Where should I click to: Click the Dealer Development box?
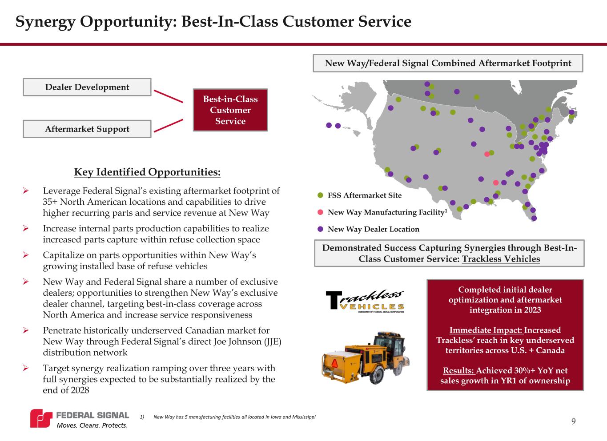87,87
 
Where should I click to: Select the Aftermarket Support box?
87,129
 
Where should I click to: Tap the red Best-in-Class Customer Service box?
230,110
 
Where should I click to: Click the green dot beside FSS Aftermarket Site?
320,195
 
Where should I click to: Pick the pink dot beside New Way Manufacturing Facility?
320,212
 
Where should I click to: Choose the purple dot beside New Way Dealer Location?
320,229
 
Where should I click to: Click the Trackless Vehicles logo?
365,301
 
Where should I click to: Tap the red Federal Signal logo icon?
41,418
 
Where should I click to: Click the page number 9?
573,421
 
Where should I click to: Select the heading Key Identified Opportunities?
147,172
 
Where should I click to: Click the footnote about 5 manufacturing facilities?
228,417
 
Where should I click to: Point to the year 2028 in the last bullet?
80,390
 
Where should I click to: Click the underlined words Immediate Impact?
486,330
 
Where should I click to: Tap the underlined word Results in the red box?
459,370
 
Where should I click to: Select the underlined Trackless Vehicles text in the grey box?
501,259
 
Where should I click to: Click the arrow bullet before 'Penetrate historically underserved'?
26,330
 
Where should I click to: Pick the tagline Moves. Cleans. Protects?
92,425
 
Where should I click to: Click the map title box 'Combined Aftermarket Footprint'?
448,63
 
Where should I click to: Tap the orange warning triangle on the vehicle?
335,363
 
